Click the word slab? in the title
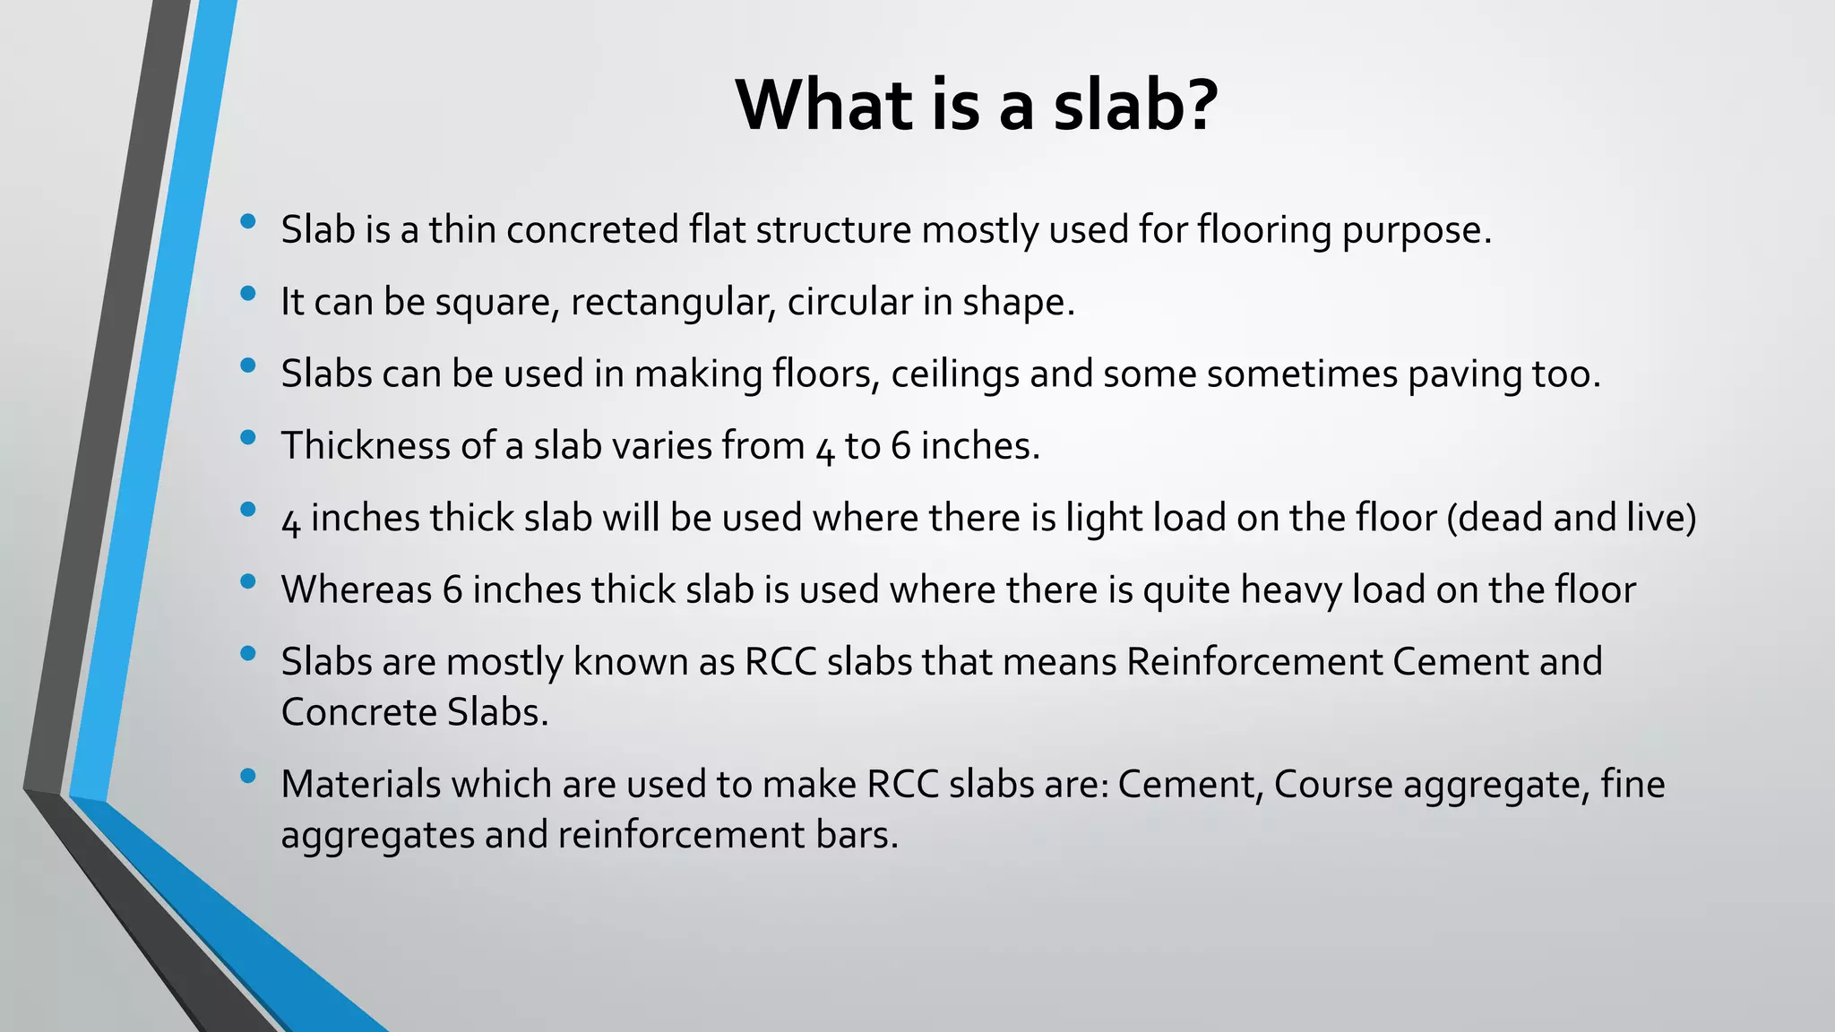tap(1135, 105)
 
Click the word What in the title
tap(825, 105)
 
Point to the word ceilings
tap(954, 374)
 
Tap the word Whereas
tap(356, 589)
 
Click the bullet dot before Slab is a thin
tap(249, 220)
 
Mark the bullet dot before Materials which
tap(249, 775)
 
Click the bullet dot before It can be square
tap(249, 293)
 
